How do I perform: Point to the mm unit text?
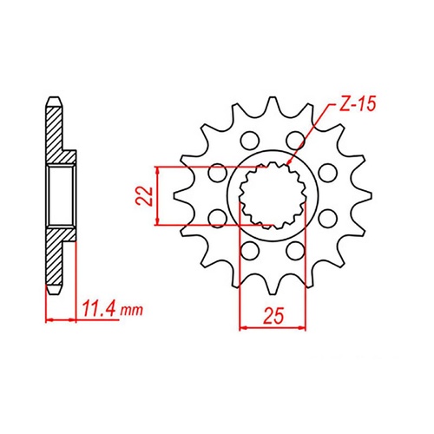coord(130,310)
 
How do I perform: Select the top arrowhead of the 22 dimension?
coord(158,168)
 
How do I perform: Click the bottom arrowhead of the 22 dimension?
coord(158,223)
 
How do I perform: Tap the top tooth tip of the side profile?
coord(53,98)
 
